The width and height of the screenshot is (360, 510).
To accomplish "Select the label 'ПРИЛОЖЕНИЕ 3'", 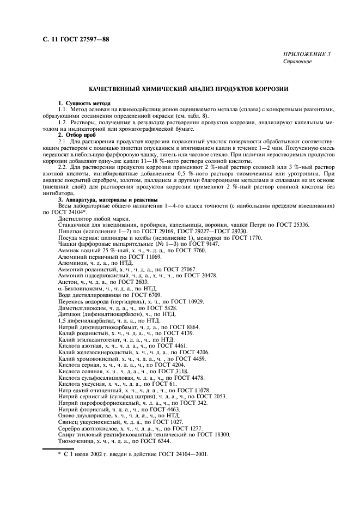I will point(306,54).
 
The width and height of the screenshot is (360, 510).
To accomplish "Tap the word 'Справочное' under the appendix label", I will point(297,62).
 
